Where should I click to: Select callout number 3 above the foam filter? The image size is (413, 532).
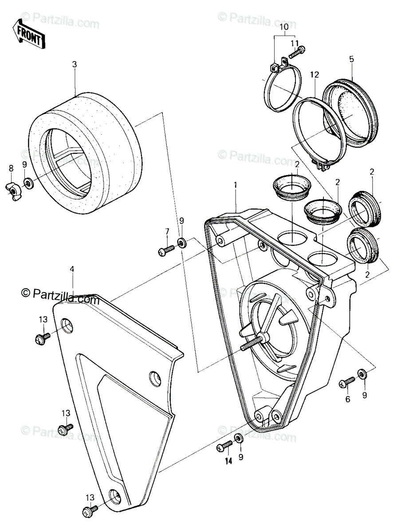[75, 64]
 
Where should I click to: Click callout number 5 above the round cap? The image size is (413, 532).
[352, 59]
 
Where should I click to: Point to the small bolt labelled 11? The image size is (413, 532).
[297, 52]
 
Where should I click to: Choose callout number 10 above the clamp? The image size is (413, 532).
[284, 27]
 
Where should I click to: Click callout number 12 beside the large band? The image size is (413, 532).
[315, 74]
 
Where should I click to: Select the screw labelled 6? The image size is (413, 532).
[347, 382]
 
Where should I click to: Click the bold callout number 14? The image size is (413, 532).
[228, 461]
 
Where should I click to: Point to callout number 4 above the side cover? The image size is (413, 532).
[72, 269]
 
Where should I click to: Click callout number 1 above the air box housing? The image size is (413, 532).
[236, 185]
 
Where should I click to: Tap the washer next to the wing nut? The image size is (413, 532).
[29, 184]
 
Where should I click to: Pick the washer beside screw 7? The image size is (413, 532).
[181, 243]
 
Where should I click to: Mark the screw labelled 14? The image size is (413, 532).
[224, 446]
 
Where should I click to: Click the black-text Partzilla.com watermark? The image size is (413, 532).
[60, 293]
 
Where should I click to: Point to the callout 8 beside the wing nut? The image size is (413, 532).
[11, 168]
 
